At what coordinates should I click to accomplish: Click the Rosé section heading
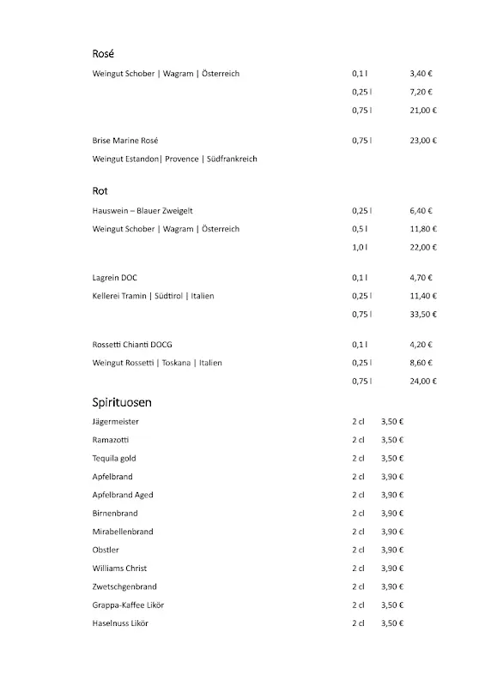click(103, 53)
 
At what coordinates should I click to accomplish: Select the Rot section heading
click(100, 190)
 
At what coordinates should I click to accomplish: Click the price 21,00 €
click(423, 110)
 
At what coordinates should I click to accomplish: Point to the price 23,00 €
click(423, 140)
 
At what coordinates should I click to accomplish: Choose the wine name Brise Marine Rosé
click(125, 140)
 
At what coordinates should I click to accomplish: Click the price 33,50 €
click(423, 314)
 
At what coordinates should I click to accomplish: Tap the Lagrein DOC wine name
click(115, 278)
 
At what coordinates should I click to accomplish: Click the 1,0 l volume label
click(361, 247)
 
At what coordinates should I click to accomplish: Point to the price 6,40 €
click(421, 210)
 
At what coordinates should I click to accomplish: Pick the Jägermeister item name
click(116, 422)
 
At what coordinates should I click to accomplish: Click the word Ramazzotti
click(112, 440)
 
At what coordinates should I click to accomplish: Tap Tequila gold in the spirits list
click(114, 459)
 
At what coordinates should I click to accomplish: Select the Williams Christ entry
click(119, 569)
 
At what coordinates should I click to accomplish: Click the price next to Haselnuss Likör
click(392, 623)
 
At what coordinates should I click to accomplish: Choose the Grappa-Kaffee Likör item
click(128, 605)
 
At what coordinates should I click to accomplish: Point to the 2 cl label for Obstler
click(358, 550)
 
